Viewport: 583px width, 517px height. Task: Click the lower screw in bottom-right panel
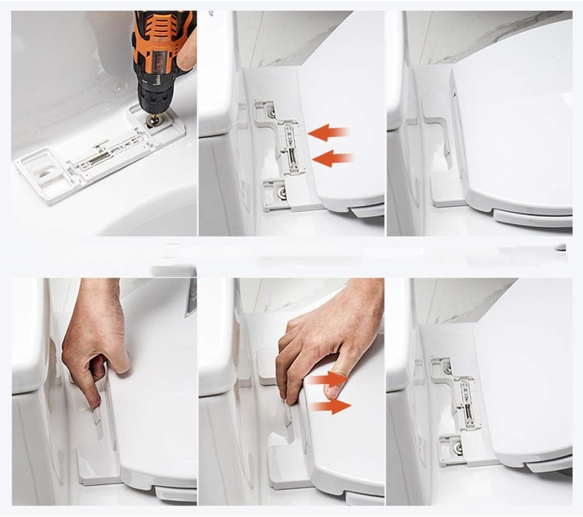tap(457, 448)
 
